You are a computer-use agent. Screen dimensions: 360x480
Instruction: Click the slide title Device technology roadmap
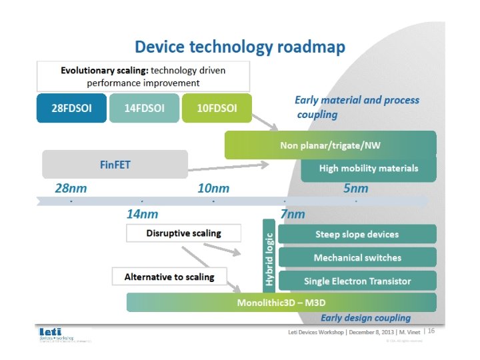click(239, 47)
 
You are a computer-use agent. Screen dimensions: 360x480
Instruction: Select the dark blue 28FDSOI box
click(69, 109)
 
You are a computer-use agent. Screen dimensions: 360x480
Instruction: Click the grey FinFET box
click(115, 164)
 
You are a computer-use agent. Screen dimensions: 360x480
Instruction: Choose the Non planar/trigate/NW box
click(330, 145)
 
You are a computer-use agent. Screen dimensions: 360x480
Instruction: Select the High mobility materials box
click(368, 169)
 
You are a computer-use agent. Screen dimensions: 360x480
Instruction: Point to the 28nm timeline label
click(71, 189)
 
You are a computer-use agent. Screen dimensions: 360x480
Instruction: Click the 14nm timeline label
click(143, 214)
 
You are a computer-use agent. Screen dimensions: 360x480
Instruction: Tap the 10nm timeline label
click(213, 189)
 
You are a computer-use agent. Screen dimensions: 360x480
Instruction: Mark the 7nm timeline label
click(292, 214)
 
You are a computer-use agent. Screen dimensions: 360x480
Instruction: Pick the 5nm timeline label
click(355, 189)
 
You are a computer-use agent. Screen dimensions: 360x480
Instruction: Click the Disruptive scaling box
click(183, 233)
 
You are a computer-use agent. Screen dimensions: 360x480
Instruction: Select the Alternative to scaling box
click(169, 277)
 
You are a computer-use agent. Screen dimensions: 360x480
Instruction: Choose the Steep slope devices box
click(357, 234)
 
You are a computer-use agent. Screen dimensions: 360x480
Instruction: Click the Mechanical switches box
click(357, 257)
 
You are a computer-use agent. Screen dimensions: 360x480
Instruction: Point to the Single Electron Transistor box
click(357, 281)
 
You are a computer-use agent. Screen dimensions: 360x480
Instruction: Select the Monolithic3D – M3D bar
click(281, 303)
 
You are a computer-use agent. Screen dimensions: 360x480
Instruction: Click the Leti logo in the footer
click(50, 331)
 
